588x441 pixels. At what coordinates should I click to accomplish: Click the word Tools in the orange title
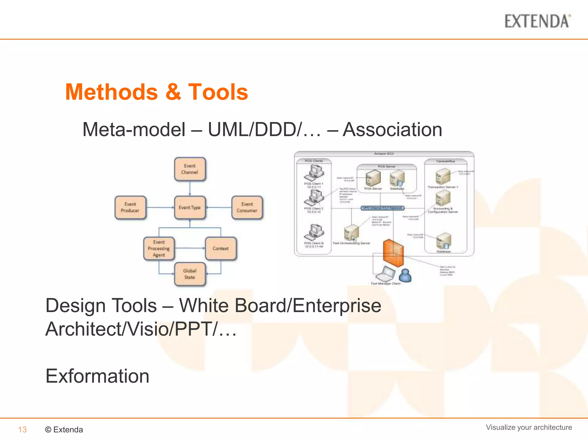coord(218,92)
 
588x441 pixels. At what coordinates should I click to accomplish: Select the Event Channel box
coord(189,169)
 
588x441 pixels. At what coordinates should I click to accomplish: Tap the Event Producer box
coord(130,207)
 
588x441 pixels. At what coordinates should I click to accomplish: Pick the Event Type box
coord(189,207)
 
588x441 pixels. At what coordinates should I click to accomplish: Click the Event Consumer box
coord(247,207)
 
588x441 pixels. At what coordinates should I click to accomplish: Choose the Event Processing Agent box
coord(159,248)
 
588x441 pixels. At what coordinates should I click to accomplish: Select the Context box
coord(220,248)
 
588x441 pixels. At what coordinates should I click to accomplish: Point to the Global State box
coord(189,274)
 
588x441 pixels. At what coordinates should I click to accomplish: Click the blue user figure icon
coord(405,276)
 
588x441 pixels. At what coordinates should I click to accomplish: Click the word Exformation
coord(97,376)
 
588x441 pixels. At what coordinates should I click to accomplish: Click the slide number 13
coord(22,430)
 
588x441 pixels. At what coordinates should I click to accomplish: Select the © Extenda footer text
coord(64,430)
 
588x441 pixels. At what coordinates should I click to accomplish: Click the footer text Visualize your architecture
coord(529,427)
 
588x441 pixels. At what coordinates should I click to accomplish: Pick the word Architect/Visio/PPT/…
coord(141,329)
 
